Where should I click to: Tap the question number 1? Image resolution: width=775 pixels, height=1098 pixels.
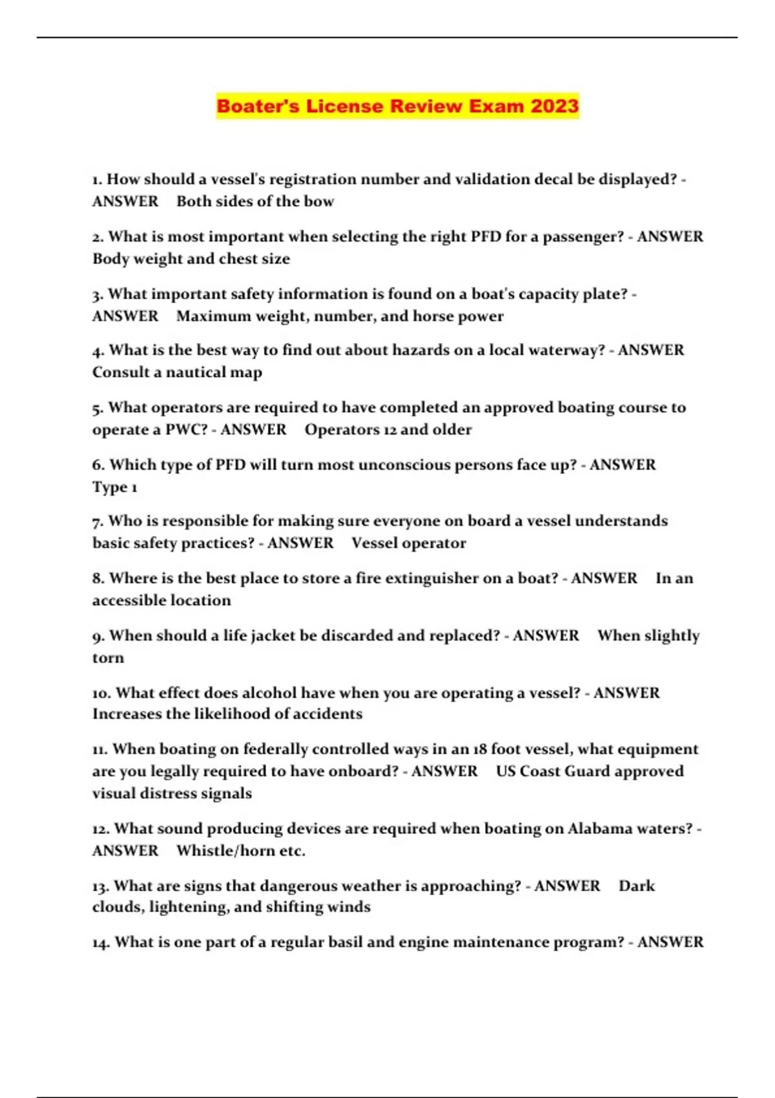coord(97,180)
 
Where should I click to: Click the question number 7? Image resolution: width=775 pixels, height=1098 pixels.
coord(98,521)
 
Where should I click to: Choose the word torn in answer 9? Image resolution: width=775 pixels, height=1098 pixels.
coord(108,658)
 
